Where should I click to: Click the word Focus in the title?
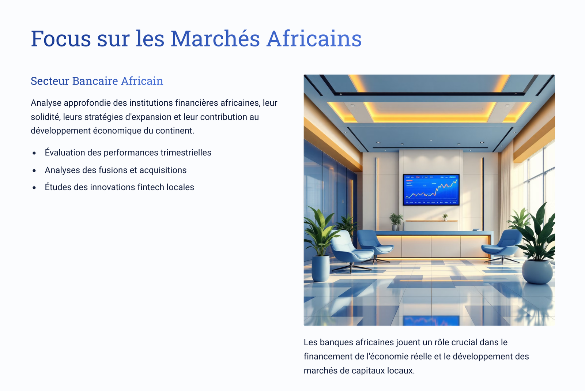pyautogui.click(x=61, y=39)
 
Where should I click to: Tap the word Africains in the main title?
pyautogui.click(x=314, y=39)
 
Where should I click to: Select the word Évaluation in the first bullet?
pyautogui.click(x=65, y=153)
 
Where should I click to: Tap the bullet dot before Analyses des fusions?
pyautogui.click(x=34, y=170)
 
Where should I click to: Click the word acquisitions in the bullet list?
pyautogui.click(x=163, y=170)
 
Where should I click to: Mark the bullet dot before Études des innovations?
pyautogui.click(x=34, y=188)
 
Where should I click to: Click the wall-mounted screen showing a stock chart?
pyautogui.click(x=431, y=189)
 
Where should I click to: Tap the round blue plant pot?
pyautogui.click(x=537, y=272)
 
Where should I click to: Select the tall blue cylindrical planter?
pyautogui.click(x=321, y=268)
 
